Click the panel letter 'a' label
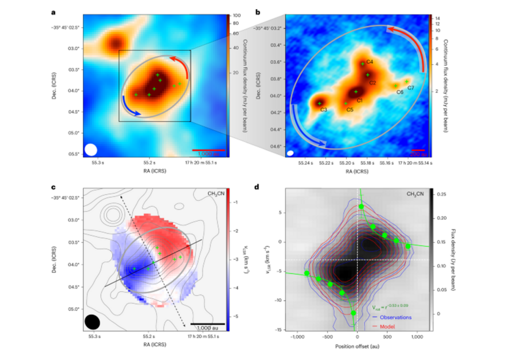(x=53, y=10)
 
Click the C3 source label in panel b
(x=323, y=109)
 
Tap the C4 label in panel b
(x=369, y=62)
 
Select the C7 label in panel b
(x=410, y=88)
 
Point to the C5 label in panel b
(x=350, y=109)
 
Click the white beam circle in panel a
(x=90, y=149)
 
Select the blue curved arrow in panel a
(x=130, y=109)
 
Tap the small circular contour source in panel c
(x=110, y=214)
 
